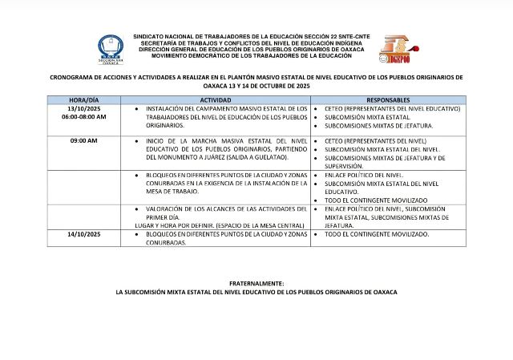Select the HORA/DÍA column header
coord(83,99)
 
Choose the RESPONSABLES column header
coord(387,99)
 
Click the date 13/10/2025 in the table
coord(83,108)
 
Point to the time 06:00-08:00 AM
coord(83,117)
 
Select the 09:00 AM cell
coord(83,140)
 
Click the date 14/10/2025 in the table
coord(83,233)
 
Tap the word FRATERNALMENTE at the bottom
coord(256,284)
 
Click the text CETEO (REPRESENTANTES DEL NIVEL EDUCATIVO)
coord(391,108)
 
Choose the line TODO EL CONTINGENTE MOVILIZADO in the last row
coord(377,233)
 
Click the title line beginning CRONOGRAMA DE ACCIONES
coord(256,78)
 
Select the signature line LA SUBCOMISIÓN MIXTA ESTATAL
coord(256,292)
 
